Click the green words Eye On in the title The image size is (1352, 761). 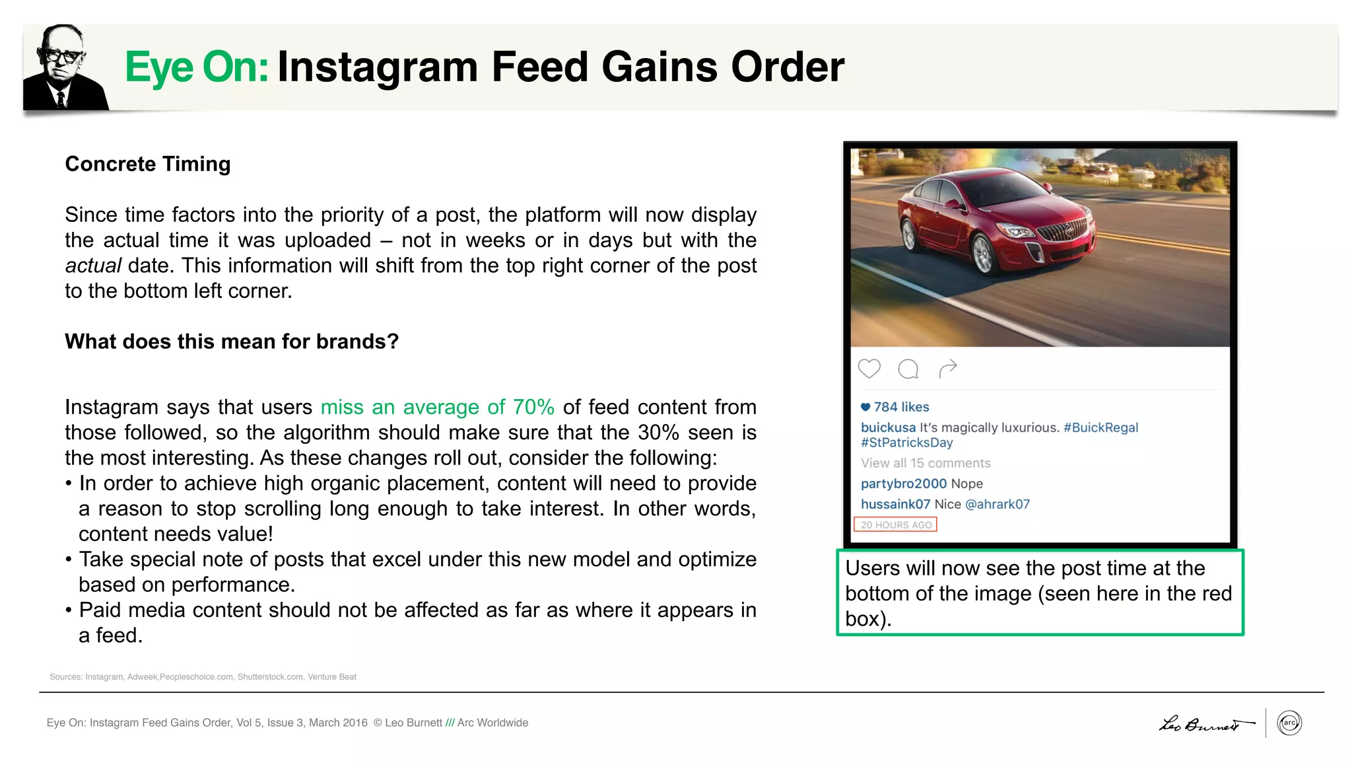[x=196, y=67]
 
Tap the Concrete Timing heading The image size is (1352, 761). [x=148, y=164]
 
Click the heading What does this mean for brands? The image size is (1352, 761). [x=232, y=342]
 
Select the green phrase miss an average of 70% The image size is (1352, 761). [x=437, y=407]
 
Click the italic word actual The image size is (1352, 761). [x=92, y=266]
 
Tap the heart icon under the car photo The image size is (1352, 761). [x=869, y=369]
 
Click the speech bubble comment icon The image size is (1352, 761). [x=908, y=369]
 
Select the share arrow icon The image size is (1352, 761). [x=947, y=369]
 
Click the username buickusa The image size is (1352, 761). [x=888, y=427]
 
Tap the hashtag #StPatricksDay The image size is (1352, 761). [x=906, y=443]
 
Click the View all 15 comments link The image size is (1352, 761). [x=926, y=463]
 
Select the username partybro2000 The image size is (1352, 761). [x=903, y=484]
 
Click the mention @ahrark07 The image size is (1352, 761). [x=997, y=504]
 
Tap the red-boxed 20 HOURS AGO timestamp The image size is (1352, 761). [x=895, y=525]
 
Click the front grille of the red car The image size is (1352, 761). [x=1063, y=231]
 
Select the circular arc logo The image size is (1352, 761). [x=1289, y=723]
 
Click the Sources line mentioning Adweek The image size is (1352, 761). [x=203, y=676]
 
